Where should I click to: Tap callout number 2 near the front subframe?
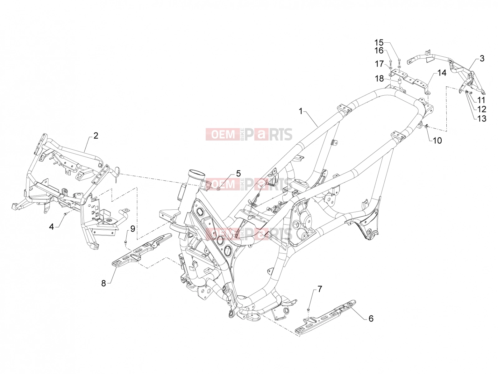tap(96, 136)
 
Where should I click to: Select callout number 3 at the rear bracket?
tap(482, 59)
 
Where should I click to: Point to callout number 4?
tap(51, 226)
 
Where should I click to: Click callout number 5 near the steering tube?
tap(238, 174)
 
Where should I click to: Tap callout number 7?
tap(319, 289)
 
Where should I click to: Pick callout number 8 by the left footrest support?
tap(103, 283)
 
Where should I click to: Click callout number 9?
tap(133, 229)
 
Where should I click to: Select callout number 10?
tap(437, 141)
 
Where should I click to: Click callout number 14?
tap(441, 73)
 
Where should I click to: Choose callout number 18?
tap(379, 79)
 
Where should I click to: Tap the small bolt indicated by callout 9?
tap(125, 243)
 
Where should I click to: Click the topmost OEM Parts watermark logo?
tap(249, 134)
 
